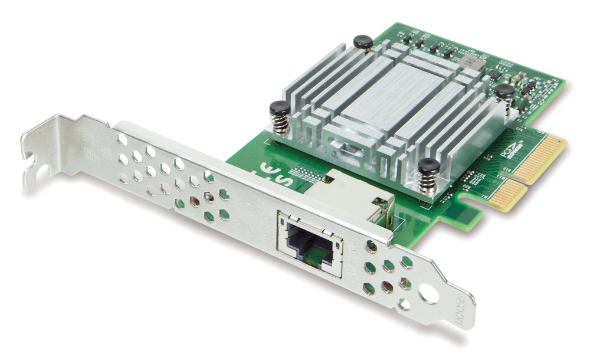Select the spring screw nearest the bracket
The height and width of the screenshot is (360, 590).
tap(278, 112)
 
